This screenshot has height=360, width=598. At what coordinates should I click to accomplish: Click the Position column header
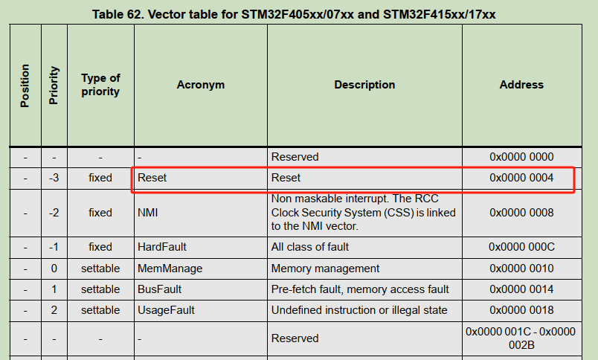coord(25,86)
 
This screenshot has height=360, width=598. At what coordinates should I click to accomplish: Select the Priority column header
coord(54,86)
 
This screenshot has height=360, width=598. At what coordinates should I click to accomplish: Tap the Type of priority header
coord(100,85)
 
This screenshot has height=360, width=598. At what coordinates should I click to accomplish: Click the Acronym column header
coord(201,85)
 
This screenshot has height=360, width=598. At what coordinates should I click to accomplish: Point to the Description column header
coord(364,85)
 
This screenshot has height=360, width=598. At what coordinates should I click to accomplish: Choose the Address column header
coord(521,85)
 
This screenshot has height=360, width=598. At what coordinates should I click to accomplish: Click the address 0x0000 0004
coord(521,178)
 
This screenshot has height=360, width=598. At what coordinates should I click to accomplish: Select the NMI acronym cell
coord(147,213)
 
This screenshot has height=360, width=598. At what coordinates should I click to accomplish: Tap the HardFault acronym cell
coord(162,247)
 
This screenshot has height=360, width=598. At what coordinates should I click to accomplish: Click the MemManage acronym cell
coord(170,269)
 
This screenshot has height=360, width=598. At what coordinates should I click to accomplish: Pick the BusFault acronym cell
coord(159,289)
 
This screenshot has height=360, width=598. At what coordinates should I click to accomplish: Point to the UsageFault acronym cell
coord(166,310)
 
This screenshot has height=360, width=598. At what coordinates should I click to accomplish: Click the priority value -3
coord(54,178)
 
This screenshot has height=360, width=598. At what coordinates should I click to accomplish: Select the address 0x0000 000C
coord(521,247)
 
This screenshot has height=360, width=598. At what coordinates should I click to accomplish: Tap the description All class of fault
coord(310,247)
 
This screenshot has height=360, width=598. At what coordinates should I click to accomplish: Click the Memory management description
coord(325,269)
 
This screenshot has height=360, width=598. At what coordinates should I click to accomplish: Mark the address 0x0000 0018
coord(521,310)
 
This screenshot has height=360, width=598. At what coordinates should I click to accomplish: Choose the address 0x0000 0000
coord(521,157)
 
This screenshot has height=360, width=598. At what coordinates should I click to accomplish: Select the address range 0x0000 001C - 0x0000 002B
coord(521,338)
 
